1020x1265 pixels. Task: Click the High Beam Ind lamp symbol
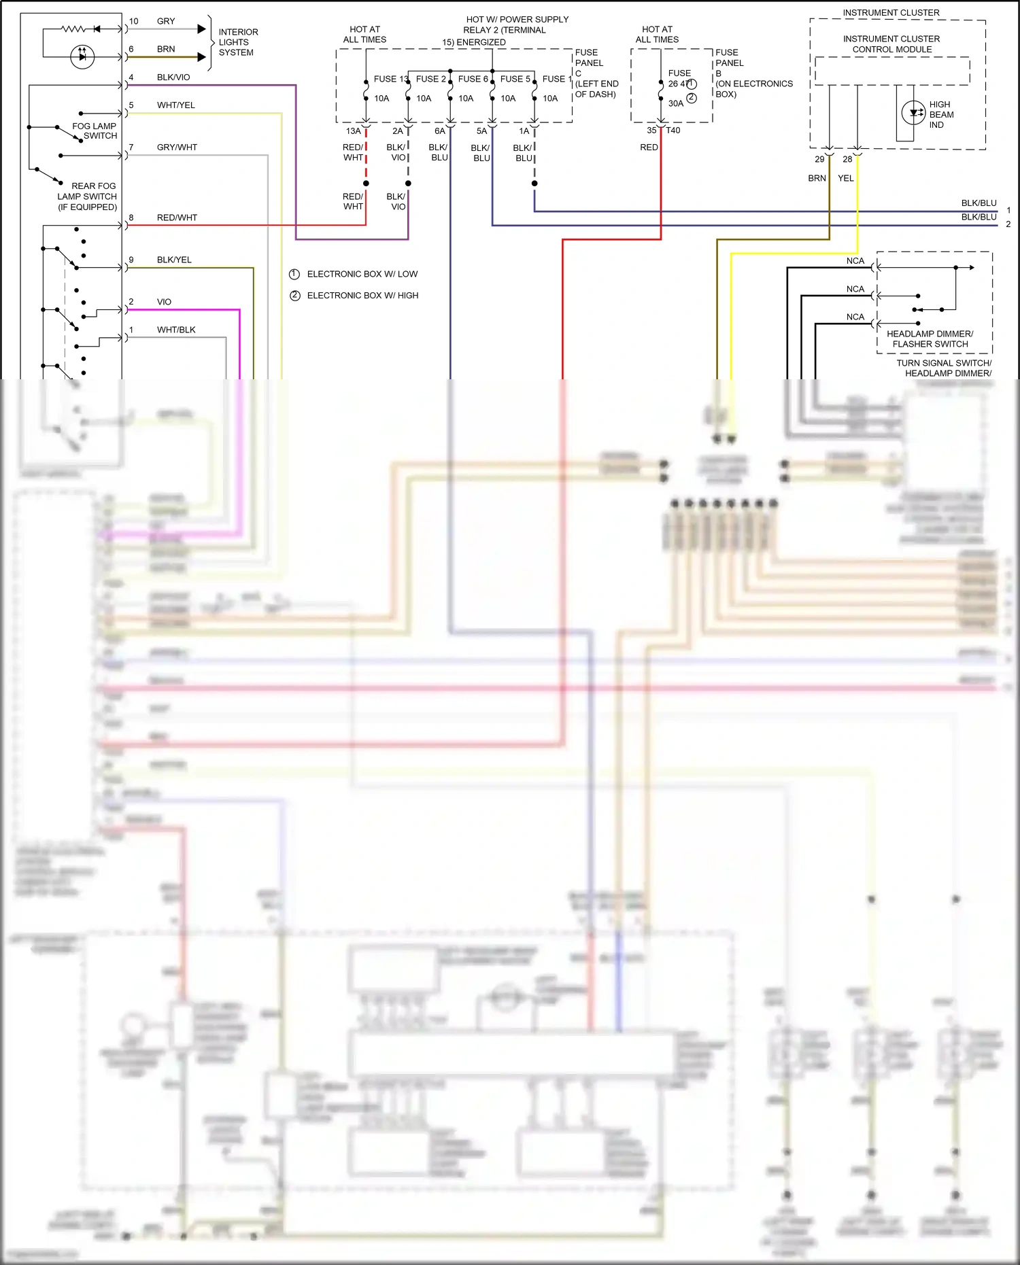coord(913,113)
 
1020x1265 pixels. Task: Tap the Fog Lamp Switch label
coord(95,131)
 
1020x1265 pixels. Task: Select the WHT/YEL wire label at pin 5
coord(175,105)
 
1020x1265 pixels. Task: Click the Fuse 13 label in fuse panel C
coord(390,79)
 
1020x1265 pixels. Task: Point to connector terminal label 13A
coord(353,131)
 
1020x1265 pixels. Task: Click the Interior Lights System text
coord(237,42)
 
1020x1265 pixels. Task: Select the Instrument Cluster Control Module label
coord(891,44)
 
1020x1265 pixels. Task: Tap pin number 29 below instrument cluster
coord(819,160)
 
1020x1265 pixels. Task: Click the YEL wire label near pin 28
coord(845,178)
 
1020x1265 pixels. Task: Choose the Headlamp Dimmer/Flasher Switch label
coord(930,339)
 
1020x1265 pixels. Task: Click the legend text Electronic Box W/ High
coord(362,296)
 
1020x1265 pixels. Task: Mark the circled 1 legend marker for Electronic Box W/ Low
coord(294,274)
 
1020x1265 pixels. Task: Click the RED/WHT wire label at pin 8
coord(177,218)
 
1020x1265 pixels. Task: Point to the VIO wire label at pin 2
coord(164,302)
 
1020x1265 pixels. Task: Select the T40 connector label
coord(673,131)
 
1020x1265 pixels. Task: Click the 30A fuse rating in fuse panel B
coord(675,103)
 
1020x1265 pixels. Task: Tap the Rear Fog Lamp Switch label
coord(88,196)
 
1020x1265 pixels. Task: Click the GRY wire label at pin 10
coord(166,21)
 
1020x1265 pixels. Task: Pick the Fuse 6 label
coord(473,79)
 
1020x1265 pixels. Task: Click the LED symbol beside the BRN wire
coord(82,56)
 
